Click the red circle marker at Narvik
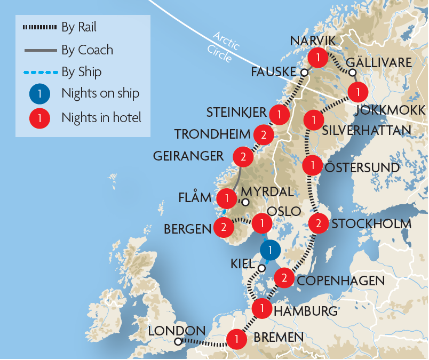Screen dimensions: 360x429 pos(318,57)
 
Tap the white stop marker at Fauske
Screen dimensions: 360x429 pos(304,73)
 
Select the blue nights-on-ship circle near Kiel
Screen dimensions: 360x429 pos(271,249)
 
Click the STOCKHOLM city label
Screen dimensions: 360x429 pos(371,223)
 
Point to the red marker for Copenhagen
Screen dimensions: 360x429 pos(284,278)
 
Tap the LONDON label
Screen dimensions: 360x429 pos(176,331)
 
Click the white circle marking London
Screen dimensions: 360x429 pos(178,341)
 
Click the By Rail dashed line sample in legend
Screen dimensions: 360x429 pos(39,27)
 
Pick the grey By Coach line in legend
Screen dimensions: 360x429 pos(39,50)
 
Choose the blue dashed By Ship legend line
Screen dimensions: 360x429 pos(39,72)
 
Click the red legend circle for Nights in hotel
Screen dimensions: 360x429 pos(39,117)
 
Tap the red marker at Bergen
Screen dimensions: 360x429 pos(223,228)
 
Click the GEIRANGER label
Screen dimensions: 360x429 pos(188,156)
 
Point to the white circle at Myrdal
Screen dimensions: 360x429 pos(245,203)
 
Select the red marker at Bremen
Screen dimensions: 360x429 pos(236,339)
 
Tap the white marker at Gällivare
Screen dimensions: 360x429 pos(352,73)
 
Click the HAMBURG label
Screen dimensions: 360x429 pos(306,311)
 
